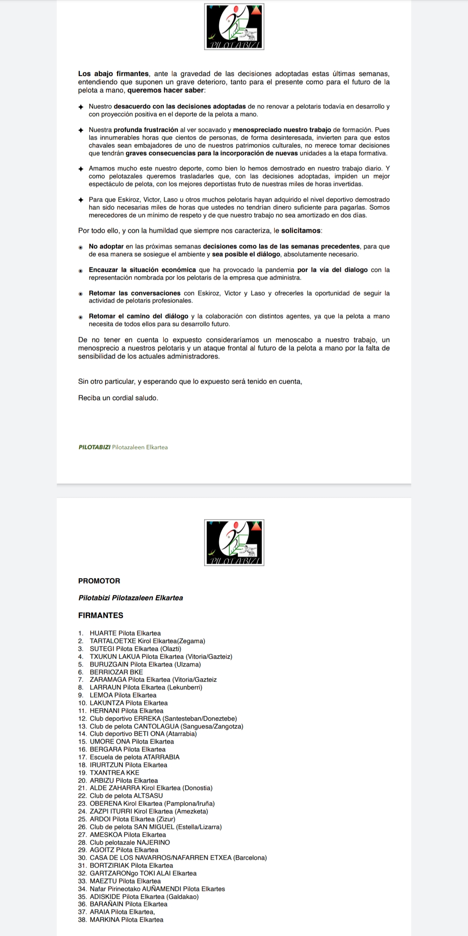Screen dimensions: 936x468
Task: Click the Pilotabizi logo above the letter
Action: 234,26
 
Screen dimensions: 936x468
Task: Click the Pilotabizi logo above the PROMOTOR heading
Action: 234,542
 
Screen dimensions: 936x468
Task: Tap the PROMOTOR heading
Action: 99,581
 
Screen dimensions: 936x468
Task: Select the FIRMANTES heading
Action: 101,615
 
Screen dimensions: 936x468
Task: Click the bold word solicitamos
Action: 301,231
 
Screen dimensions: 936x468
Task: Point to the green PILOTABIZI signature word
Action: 94,447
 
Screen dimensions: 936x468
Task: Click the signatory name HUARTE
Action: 103,633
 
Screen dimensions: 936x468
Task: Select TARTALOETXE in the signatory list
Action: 113,641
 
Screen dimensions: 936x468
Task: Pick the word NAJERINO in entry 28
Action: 153,842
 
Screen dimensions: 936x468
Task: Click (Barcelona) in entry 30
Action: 250,858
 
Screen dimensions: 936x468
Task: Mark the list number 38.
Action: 82,920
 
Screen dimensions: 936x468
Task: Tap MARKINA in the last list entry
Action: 104,920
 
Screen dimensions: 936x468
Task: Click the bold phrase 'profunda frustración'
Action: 146,130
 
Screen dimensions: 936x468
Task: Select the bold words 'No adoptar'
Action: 106,247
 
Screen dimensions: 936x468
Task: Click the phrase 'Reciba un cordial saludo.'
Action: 118,398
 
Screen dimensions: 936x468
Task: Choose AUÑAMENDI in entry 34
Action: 160,889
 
